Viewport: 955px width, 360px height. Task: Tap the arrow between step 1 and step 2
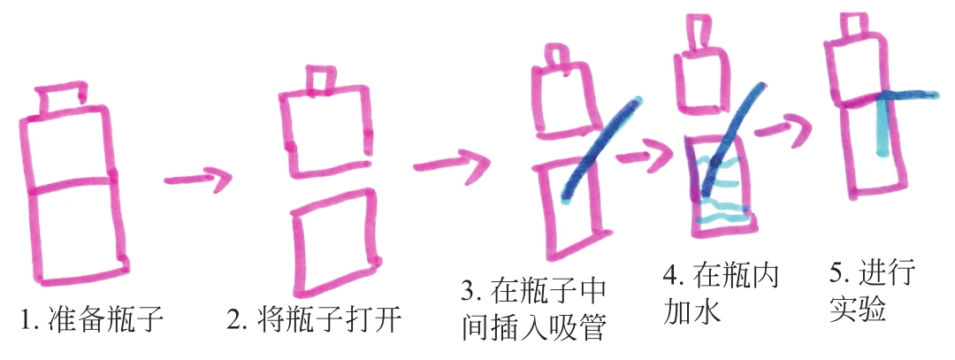tap(199, 179)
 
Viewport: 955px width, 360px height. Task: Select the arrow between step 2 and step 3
tap(452, 164)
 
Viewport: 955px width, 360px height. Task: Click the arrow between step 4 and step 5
tap(784, 127)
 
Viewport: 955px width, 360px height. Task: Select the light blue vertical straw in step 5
tap(881, 125)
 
